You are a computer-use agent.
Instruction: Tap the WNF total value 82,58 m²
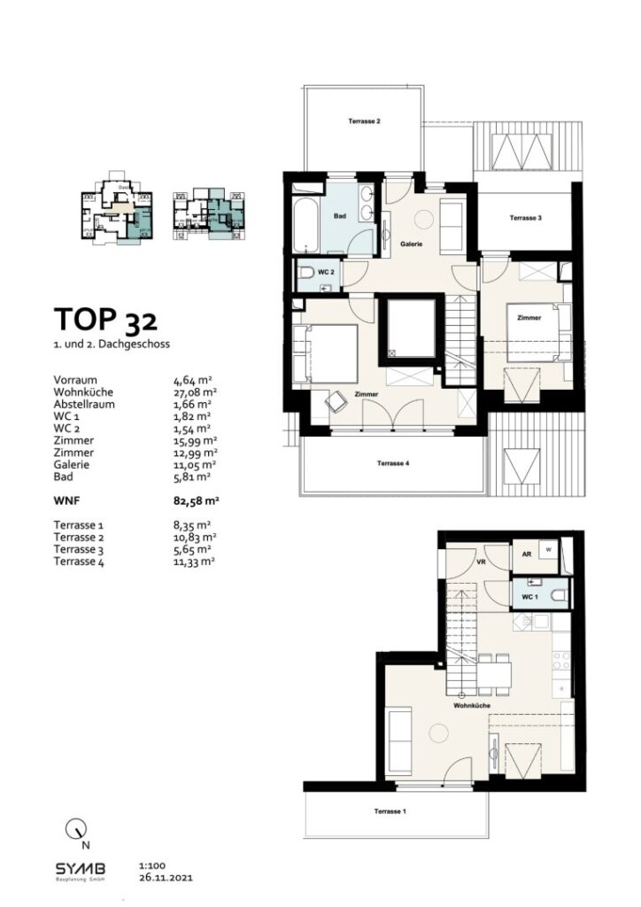(x=196, y=500)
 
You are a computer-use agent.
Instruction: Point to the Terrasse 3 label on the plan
(x=525, y=217)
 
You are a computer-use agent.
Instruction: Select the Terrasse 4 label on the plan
(x=392, y=463)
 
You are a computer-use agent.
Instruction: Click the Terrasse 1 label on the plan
(x=391, y=811)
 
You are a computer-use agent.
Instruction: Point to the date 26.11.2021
(x=166, y=880)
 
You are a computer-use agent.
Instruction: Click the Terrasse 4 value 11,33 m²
(x=194, y=562)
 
